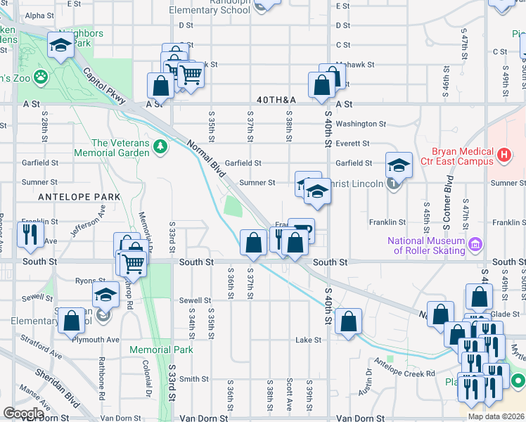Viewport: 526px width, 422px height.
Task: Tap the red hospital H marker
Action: [x=503, y=154]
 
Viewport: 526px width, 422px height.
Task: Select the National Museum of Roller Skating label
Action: [x=426, y=245]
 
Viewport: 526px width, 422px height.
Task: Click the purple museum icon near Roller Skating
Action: [x=476, y=245]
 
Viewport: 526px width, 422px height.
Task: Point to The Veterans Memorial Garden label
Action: [x=121, y=148]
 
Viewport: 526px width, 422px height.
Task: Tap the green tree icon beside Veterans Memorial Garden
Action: [x=162, y=146]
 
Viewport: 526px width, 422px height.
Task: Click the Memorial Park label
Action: [x=161, y=350]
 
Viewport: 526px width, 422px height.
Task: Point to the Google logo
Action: [x=23, y=414]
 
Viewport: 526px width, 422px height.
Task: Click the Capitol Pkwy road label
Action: [x=103, y=85]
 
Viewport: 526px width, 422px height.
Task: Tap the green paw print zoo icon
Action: [x=41, y=75]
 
